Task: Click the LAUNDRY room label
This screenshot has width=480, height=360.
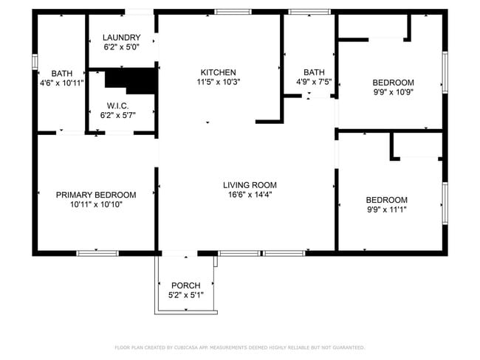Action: pyautogui.click(x=122, y=38)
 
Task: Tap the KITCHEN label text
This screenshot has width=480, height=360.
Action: pyautogui.click(x=219, y=72)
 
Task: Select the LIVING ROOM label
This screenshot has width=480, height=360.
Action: pyautogui.click(x=250, y=185)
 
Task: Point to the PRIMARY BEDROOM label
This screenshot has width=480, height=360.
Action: pyautogui.click(x=96, y=195)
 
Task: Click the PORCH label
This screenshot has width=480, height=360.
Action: pyautogui.click(x=186, y=285)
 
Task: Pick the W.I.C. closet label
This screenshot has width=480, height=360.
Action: pyautogui.click(x=118, y=105)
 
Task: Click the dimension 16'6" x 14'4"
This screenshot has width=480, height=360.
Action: pyautogui.click(x=250, y=195)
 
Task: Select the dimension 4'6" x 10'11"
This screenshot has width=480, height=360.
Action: pyautogui.click(x=62, y=83)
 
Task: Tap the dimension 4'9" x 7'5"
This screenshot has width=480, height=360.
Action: pyautogui.click(x=314, y=82)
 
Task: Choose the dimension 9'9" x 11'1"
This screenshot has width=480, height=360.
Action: pyautogui.click(x=387, y=210)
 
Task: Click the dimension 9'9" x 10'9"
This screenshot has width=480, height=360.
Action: pyautogui.click(x=394, y=92)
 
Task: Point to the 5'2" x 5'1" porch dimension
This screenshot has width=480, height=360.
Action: pyautogui.click(x=186, y=295)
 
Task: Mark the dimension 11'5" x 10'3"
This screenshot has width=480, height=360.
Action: pyautogui.click(x=219, y=82)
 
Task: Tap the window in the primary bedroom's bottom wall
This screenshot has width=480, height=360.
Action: pyautogui.click(x=97, y=253)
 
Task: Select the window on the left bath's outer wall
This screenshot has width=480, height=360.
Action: pyautogui.click(x=35, y=62)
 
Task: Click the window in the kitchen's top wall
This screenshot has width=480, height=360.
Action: pyautogui.click(x=233, y=12)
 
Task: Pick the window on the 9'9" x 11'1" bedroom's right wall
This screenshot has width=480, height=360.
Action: pyautogui.click(x=445, y=204)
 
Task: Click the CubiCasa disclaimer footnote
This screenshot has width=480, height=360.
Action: pyautogui.click(x=240, y=347)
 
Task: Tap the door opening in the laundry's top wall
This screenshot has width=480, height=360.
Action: pyautogui.click(x=139, y=12)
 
